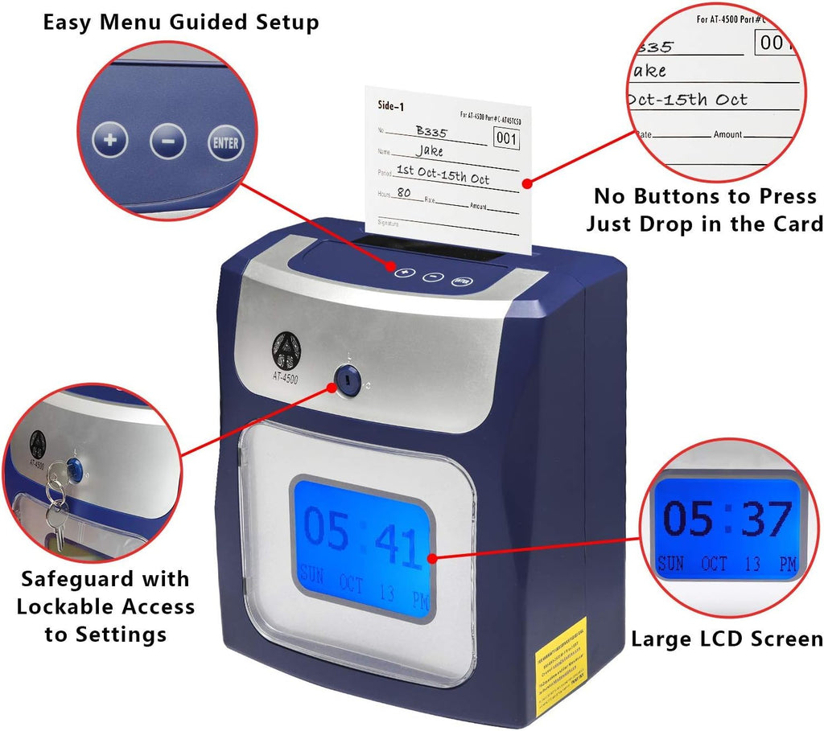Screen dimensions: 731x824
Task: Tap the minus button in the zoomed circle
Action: [x=168, y=142]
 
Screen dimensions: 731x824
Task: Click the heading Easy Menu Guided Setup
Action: [x=181, y=22]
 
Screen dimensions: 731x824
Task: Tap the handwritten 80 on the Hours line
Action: [x=404, y=193]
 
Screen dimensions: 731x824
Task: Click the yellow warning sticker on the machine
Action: [x=561, y=656]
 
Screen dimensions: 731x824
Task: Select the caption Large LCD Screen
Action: [x=727, y=639]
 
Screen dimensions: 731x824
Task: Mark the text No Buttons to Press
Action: [x=705, y=196]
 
